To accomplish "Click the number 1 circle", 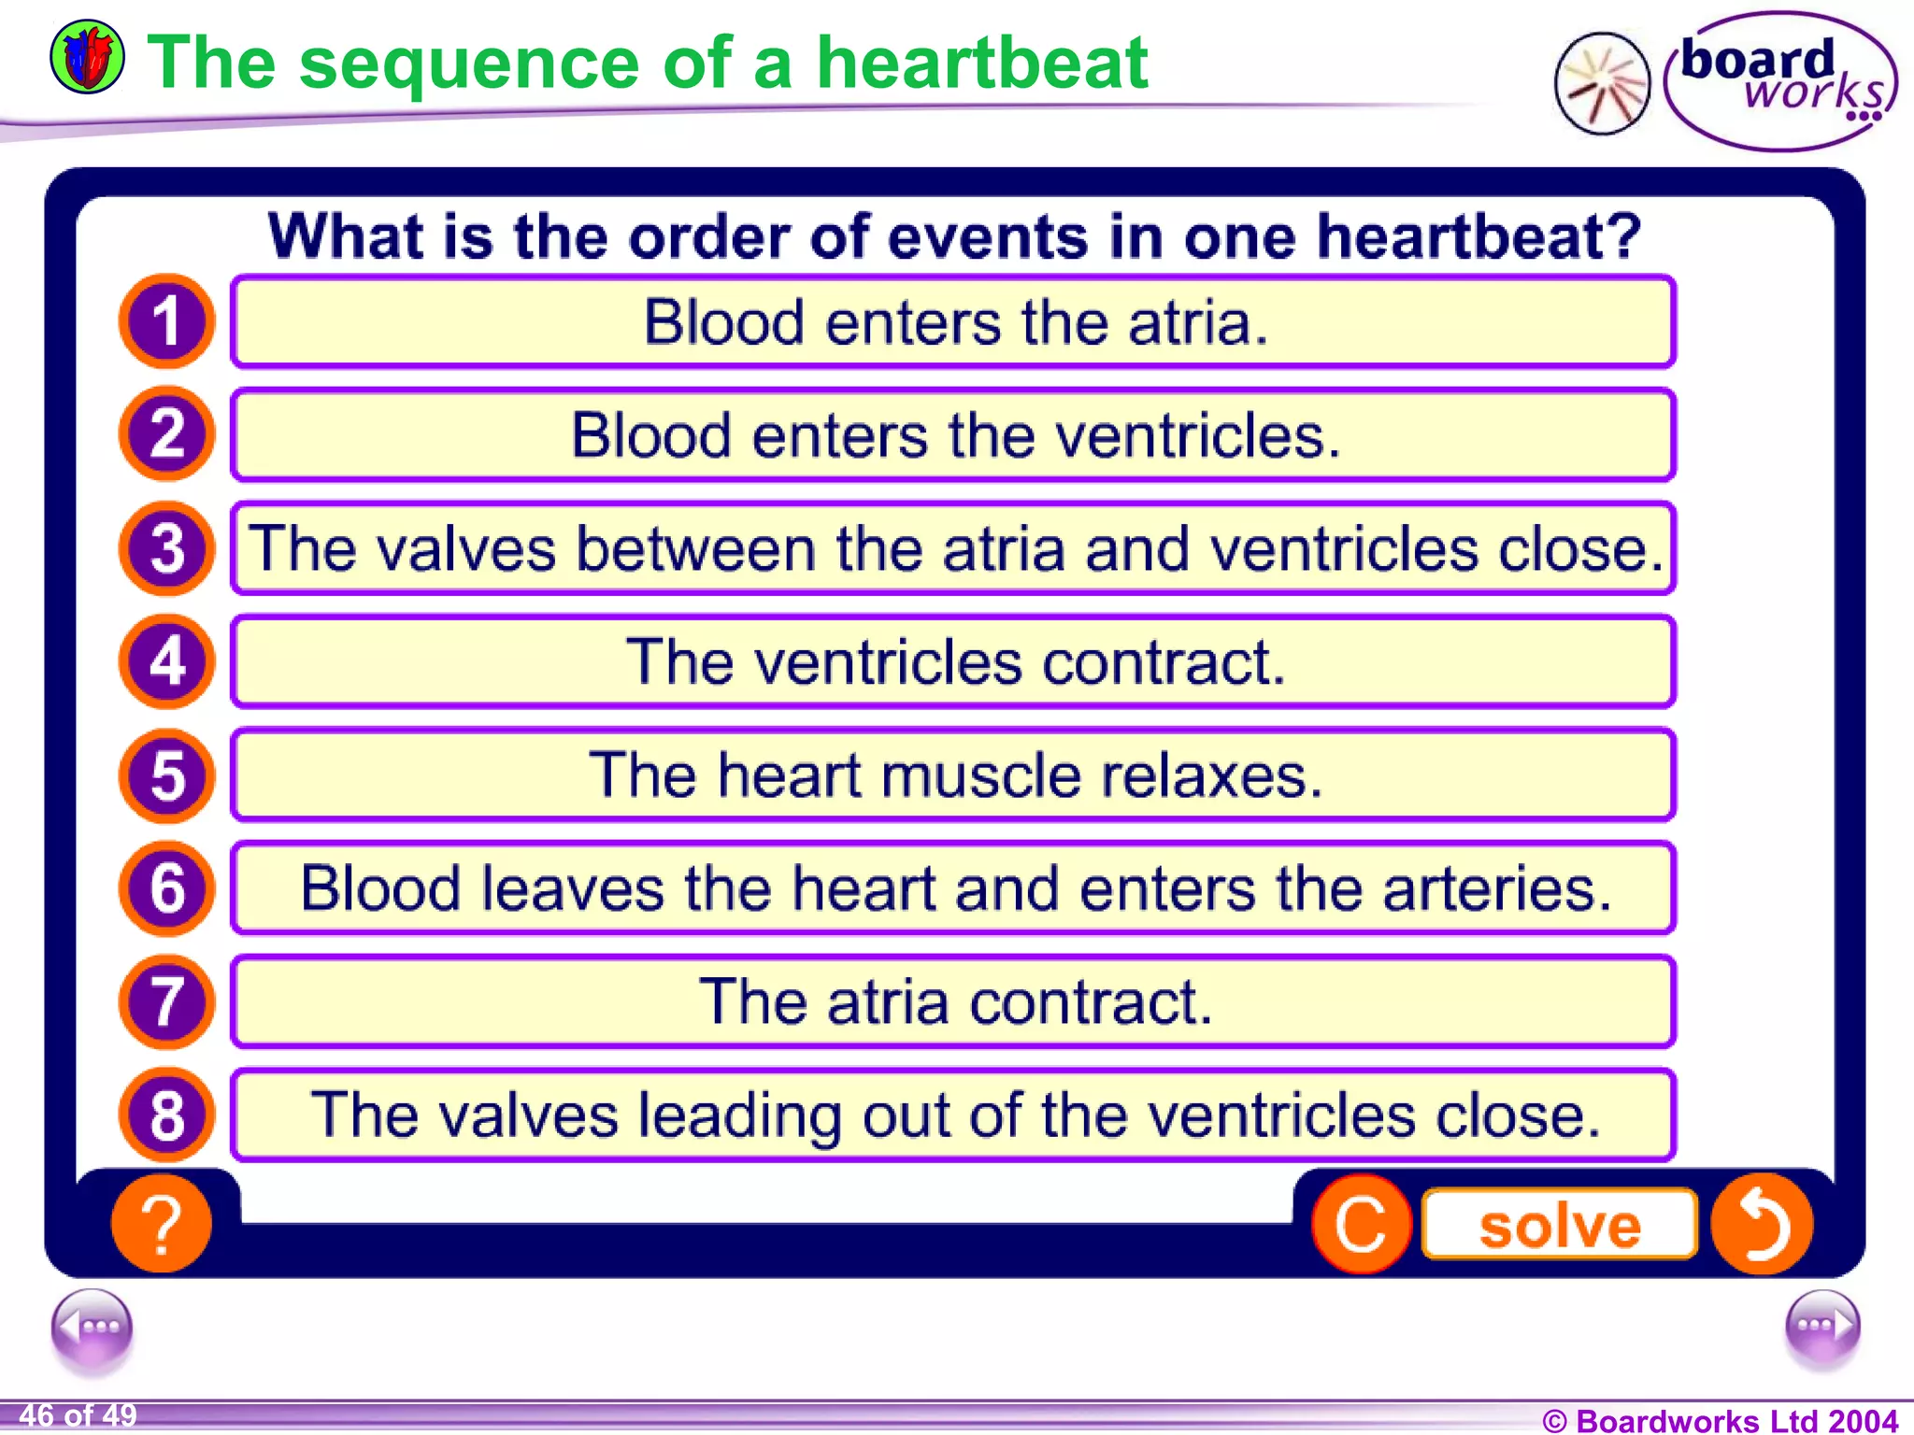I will click(x=166, y=320).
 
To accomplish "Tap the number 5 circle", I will click(x=166, y=775).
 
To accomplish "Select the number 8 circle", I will click(x=166, y=1115).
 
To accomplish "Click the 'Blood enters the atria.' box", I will click(x=952, y=322).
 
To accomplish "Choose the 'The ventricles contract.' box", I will click(x=952, y=662).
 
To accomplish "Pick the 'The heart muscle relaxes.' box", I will click(x=952, y=775).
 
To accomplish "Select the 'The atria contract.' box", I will click(x=952, y=1002).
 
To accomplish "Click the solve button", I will click(x=1559, y=1225).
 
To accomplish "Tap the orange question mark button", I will click(x=162, y=1223).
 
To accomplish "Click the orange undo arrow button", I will click(x=1762, y=1224).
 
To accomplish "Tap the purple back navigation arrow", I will click(x=92, y=1327).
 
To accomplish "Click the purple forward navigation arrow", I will click(x=1821, y=1327).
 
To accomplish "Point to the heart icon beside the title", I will click(x=87, y=57).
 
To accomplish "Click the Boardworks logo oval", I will click(x=1780, y=81).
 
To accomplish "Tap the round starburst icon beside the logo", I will click(x=1602, y=83).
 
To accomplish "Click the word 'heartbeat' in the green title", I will click(x=981, y=63).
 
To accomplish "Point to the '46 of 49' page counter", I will click(x=79, y=1415).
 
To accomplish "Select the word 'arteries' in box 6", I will click(x=1497, y=888).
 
